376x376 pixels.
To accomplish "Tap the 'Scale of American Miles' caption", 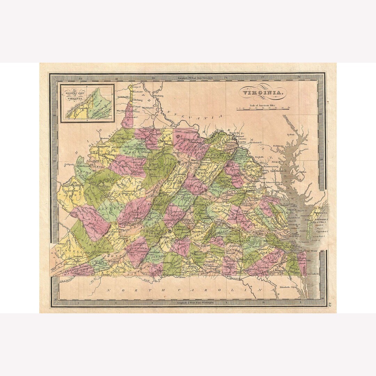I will pos(264,104).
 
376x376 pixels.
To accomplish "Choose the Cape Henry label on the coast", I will pos(312,250).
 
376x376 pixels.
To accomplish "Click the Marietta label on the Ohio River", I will pos(105,138).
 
